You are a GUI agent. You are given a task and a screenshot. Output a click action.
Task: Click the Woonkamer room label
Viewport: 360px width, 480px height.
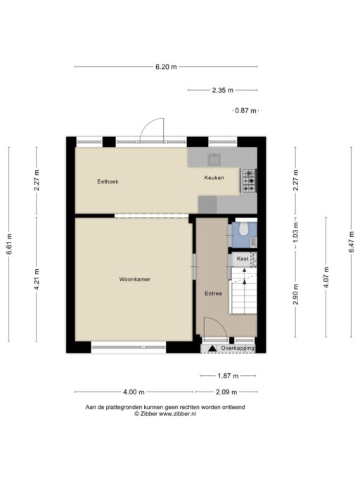click(x=135, y=279)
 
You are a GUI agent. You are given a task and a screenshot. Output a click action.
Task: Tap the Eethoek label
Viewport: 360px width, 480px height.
click(x=108, y=181)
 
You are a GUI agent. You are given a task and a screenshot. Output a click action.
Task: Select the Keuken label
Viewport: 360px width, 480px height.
click(x=214, y=178)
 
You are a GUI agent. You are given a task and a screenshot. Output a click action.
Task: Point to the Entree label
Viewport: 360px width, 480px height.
click(x=213, y=294)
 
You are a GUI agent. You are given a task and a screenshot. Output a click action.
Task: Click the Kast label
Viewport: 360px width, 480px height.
click(x=243, y=259)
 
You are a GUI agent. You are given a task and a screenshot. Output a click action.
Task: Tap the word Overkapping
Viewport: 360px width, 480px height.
click(x=238, y=348)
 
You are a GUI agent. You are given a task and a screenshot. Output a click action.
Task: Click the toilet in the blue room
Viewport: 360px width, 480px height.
click(x=244, y=229)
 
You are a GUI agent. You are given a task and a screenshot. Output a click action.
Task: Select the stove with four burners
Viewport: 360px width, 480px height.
click(x=249, y=181)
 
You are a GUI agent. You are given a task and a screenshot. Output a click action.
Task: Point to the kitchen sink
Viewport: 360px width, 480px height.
click(x=214, y=160)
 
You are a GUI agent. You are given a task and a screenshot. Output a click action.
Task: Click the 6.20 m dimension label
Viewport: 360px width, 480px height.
click(x=166, y=67)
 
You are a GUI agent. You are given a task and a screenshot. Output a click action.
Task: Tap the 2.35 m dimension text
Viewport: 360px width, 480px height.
click(x=223, y=90)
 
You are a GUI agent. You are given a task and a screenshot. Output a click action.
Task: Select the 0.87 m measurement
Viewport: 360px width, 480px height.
click(x=245, y=110)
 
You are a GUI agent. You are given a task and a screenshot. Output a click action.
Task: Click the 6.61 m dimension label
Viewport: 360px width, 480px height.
click(x=9, y=244)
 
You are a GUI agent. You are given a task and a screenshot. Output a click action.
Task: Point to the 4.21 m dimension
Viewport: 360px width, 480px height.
click(x=37, y=279)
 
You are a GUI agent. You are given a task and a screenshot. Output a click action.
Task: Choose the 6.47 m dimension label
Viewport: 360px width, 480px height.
click(x=351, y=242)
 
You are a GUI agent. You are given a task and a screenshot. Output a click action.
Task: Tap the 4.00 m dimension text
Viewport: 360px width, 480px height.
click(x=134, y=392)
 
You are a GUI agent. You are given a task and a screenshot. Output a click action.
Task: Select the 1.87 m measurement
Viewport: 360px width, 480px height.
click(x=228, y=375)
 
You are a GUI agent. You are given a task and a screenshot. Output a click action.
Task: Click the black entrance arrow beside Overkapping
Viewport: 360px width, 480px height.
click(x=212, y=348)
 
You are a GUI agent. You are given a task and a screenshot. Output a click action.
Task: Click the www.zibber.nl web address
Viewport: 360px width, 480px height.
click(x=178, y=413)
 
